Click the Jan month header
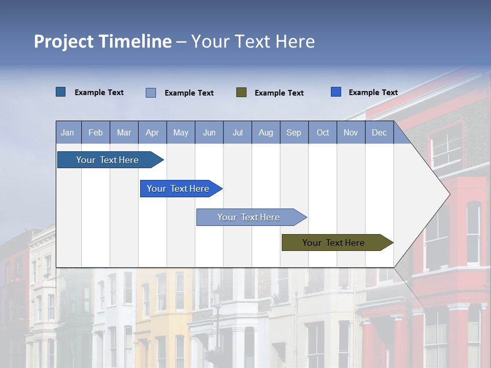point(68,132)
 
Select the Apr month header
point(152,132)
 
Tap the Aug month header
point(265,132)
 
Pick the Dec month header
point(379,132)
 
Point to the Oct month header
point(322,132)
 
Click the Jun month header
point(209,132)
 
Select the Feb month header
point(96,132)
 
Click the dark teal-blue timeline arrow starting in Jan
point(107,160)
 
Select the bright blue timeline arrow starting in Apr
point(178,189)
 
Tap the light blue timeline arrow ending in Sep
point(249,217)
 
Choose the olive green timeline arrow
point(333,243)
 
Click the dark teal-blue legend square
point(61,92)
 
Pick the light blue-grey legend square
point(151,93)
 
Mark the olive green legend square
point(241,92)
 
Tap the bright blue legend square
point(336,92)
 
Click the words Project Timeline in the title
point(102,41)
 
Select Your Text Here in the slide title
point(253,41)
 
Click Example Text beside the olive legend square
point(279,93)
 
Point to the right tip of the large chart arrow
point(449,194)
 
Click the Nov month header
point(351,132)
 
